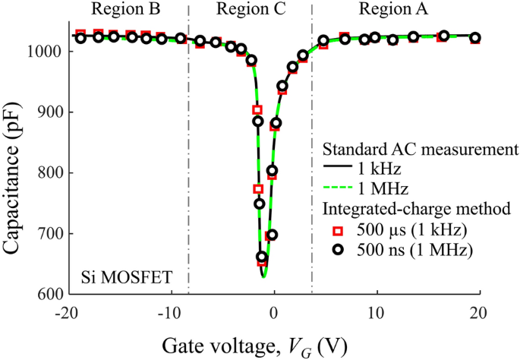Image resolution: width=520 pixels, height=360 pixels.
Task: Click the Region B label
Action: pos(124,10)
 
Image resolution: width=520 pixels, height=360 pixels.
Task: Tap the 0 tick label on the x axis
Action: pos(275,314)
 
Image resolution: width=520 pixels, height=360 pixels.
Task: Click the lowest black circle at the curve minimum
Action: pos(262,257)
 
